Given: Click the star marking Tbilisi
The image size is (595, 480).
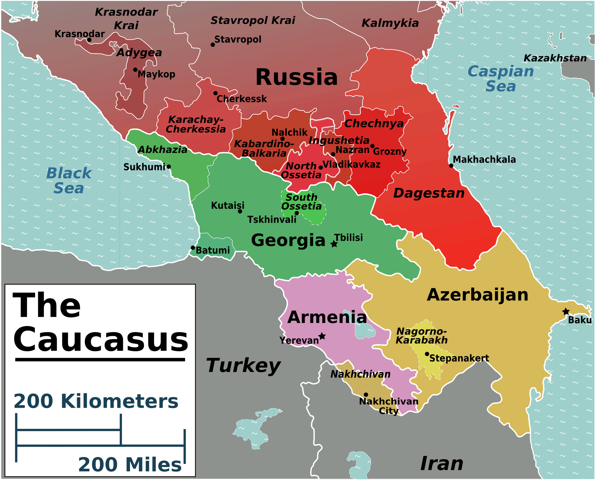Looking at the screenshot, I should point(334,244).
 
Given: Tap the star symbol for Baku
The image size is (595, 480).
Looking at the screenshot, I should point(566,312).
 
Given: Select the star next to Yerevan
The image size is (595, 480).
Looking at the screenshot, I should point(322,336).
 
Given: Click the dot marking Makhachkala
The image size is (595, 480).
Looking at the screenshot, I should point(451,165).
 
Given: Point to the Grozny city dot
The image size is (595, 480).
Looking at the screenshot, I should point(372,146).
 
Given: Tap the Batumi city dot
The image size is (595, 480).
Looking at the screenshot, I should point(193,248).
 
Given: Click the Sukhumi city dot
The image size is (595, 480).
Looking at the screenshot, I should point(169,167).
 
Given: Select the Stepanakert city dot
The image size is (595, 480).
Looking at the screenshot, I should point(427,354).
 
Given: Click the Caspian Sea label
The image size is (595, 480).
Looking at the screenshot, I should point(501,79).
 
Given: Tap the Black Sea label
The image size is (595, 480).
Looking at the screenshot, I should point(69,181).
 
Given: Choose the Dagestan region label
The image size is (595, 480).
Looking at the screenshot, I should point(429,193).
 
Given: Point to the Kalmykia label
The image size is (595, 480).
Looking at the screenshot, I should point(390,23).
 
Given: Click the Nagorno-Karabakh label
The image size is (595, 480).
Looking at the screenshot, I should point(422,336).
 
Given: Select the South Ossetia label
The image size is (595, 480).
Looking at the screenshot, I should point(301,202).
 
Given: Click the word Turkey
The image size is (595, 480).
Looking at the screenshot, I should point(243,366).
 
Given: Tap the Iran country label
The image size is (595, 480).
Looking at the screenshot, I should point(442,464).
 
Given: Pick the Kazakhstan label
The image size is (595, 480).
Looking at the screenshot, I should point(555,58).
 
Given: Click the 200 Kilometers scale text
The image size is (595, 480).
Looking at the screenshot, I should point(96,401).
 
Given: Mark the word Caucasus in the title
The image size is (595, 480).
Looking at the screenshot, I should point(101,339).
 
